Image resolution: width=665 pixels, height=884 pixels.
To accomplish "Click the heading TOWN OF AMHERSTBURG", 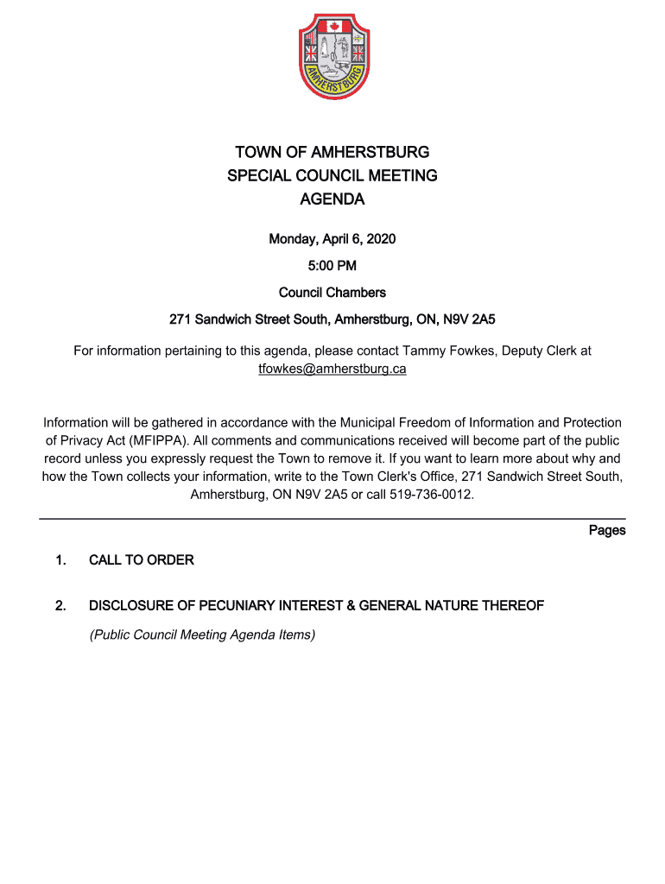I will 332,153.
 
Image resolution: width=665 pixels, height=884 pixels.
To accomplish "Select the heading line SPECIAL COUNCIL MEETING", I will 332,176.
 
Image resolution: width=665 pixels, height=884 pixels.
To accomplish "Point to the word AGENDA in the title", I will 332,199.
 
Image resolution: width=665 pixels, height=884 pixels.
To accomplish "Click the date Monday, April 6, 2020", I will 332,238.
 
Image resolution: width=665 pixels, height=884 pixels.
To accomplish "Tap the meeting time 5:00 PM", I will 332,265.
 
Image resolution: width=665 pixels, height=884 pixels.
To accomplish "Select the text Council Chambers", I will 332,293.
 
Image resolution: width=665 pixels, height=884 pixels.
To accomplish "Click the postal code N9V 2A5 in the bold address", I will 469,320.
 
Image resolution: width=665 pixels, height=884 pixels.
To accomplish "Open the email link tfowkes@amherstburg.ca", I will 332,369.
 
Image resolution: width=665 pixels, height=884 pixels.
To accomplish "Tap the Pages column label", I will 606,530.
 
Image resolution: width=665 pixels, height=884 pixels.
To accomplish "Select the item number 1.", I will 60,560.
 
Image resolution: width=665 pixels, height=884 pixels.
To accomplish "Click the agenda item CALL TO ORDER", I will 141,560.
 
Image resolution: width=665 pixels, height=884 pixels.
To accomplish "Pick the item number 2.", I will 60,606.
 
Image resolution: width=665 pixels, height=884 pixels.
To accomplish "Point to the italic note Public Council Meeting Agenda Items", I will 202,635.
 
